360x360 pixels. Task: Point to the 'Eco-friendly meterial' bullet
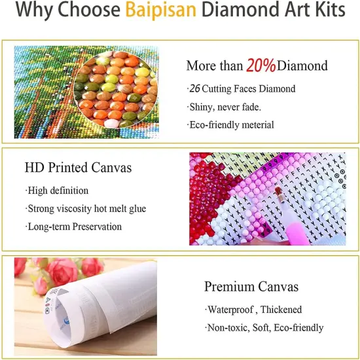coord(230,125)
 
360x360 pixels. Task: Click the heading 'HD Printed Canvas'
coord(78,168)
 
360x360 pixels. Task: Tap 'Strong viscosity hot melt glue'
coord(86,209)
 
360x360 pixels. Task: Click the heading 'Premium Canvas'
coord(251,287)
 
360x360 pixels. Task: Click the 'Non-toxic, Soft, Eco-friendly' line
coord(264,327)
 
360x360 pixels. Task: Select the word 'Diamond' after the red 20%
coord(302,65)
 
